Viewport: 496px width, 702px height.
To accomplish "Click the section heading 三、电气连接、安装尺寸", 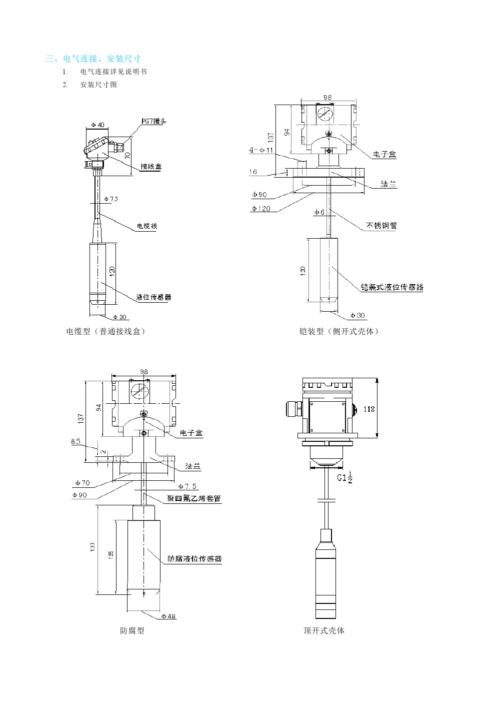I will click(92, 59).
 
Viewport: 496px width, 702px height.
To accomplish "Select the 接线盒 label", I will click(151, 166).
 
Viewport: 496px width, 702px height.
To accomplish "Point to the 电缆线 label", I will click(147, 226).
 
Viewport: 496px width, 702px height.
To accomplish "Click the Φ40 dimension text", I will click(98, 125).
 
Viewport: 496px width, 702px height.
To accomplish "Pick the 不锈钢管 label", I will click(381, 225).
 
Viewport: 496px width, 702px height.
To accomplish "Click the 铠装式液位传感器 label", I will click(392, 287).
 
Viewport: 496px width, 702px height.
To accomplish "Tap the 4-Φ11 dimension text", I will click(261, 150).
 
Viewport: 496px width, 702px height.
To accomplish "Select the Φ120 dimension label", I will click(261, 208).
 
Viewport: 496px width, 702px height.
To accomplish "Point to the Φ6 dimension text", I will click(319, 212).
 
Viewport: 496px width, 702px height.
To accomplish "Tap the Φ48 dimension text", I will click(169, 616).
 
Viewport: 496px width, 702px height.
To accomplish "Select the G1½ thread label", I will click(344, 478).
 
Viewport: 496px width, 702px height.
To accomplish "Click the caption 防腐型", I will click(132, 631).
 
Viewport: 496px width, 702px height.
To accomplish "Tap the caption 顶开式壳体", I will click(324, 630).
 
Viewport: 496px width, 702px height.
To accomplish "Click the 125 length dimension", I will click(111, 554).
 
